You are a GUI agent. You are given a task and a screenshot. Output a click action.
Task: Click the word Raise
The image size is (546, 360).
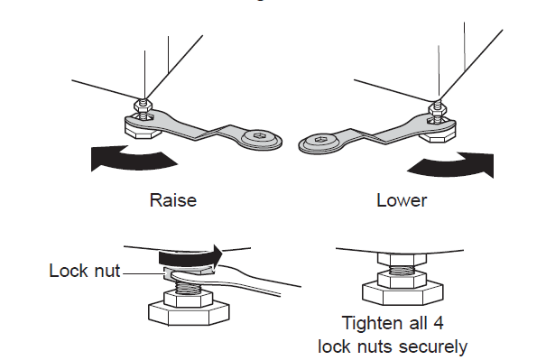(x=173, y=200)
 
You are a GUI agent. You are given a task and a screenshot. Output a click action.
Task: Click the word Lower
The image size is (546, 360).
(x=402, y=200)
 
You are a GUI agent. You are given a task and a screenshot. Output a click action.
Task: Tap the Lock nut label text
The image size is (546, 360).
(x=85, y=271)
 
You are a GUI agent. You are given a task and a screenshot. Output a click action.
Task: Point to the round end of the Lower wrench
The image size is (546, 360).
(x=319, y=142)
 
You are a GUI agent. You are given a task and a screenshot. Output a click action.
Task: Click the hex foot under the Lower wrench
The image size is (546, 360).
(x=438, y=135)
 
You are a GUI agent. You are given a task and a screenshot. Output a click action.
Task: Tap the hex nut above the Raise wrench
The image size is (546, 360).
(x=143, y=105)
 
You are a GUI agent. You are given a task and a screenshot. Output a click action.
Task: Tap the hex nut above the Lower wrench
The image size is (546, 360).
(x=438, y=108)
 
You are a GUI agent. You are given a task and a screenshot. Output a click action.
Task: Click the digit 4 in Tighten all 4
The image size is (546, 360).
(x=438, y=323)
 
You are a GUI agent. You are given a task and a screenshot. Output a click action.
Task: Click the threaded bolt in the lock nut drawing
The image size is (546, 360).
(x=189, y=287)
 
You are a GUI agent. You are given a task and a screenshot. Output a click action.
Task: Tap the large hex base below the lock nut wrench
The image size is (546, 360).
(x=189, y=313)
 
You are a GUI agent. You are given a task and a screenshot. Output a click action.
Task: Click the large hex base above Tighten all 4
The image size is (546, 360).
(x=403, y=293)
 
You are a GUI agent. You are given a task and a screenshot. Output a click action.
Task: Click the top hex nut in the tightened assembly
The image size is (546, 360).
(x=402, y=259)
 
